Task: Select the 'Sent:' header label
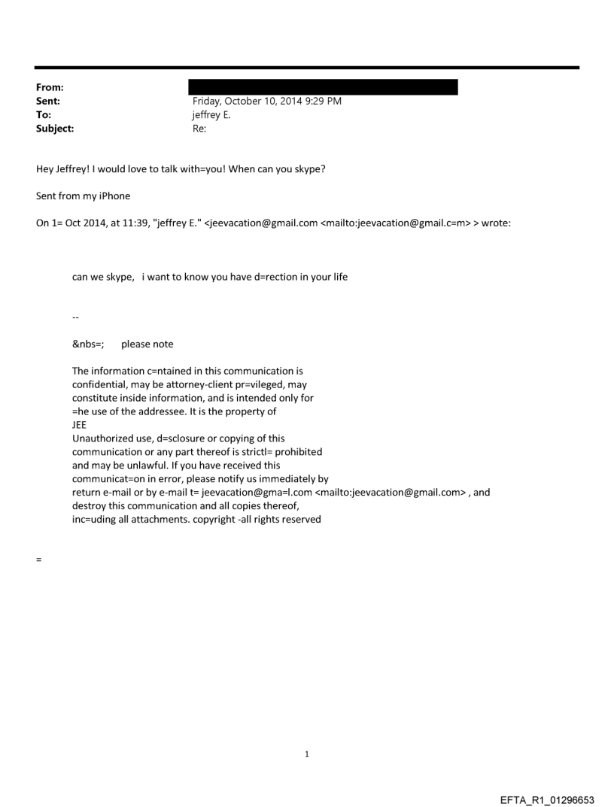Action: click(47, 102)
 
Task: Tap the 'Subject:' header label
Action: click(53, 129)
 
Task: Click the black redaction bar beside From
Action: click(323, 87)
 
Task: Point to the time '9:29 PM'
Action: click(324, 102)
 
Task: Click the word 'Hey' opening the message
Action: click(45, 169)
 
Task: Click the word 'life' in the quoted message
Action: click(340, 277)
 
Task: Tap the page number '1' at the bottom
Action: click(307, 754)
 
